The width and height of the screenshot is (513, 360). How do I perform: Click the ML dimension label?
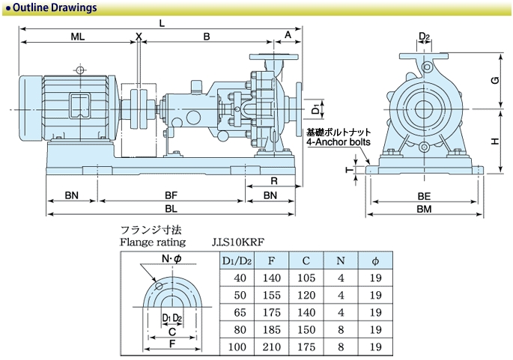77,36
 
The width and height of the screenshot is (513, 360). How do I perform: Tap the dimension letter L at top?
161,22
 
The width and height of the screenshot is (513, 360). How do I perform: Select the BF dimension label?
171,195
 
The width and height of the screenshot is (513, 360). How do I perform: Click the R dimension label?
275,181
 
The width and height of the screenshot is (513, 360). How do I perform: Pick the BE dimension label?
423,195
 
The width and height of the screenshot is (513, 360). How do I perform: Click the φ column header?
376,260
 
